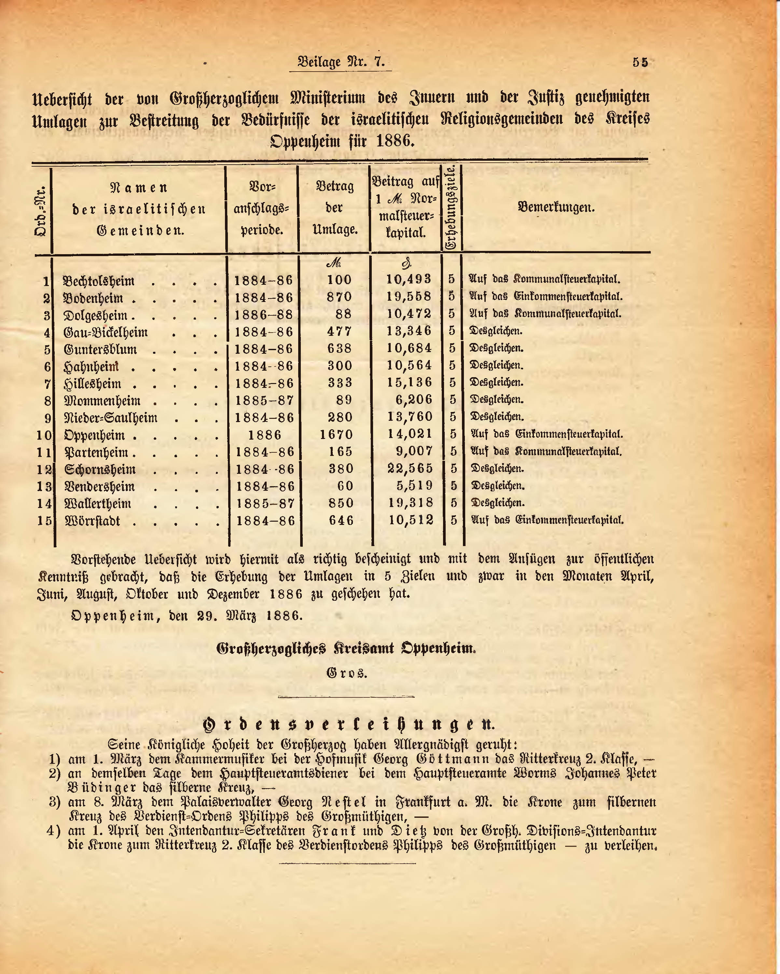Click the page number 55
[x=640, y=62]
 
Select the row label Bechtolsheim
[x=99, y=281]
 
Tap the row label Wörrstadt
[x=93, y=521]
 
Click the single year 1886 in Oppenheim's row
[x=265, y=435]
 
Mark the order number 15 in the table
[x=45, y=521]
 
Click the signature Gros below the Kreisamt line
[x=347, y=673]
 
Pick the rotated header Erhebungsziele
[x=451, y=208]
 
